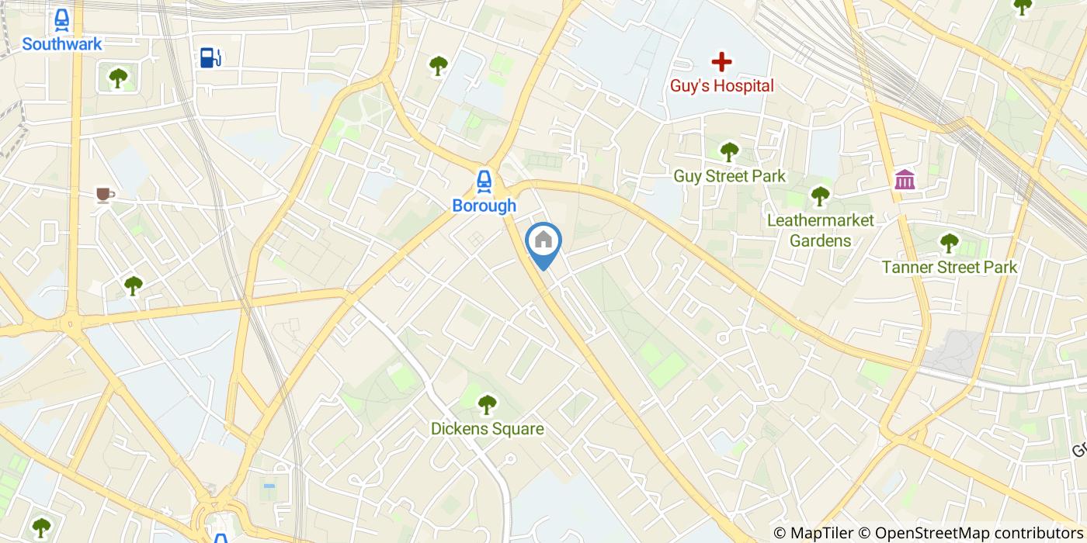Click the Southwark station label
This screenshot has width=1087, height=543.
click(62, 44)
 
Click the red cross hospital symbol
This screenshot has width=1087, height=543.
click(722, 61)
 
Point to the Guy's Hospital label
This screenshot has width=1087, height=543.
click(722, 86)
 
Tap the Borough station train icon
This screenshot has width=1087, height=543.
click(484, 182)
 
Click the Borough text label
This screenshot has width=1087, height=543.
click(484, 206)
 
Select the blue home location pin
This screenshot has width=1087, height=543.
click(543, 242)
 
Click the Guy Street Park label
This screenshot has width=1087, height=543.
click(729, 176)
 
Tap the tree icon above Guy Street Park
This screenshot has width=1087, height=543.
click(728, 151)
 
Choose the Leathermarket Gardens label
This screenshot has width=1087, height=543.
click(821, 230)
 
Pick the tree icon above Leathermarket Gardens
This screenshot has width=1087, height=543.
click(821, 196)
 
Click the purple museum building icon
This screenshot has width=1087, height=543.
click(905, 179)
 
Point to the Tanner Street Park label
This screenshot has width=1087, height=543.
click(949, 268)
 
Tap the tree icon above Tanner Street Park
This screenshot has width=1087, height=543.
click(949, 243)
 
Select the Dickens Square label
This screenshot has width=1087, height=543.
click(487, 429)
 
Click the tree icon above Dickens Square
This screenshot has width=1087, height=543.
click(487, 404)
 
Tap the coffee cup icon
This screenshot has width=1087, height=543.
click(105, 194)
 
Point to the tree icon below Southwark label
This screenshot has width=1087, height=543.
click(118, 78)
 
